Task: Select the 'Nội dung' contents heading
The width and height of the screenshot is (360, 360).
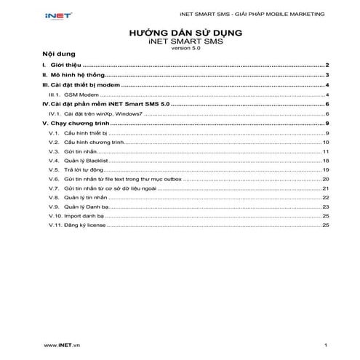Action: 58,55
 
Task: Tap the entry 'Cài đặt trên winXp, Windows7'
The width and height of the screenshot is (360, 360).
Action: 104,114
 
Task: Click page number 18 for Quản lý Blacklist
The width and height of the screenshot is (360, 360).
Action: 327,160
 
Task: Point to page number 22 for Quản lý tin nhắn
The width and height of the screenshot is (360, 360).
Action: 327,198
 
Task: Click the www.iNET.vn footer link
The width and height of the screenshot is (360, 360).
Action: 62,343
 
